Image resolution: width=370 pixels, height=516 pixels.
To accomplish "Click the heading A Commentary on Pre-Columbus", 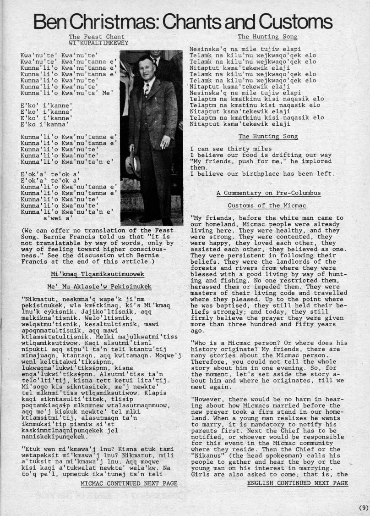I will (268, 193).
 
